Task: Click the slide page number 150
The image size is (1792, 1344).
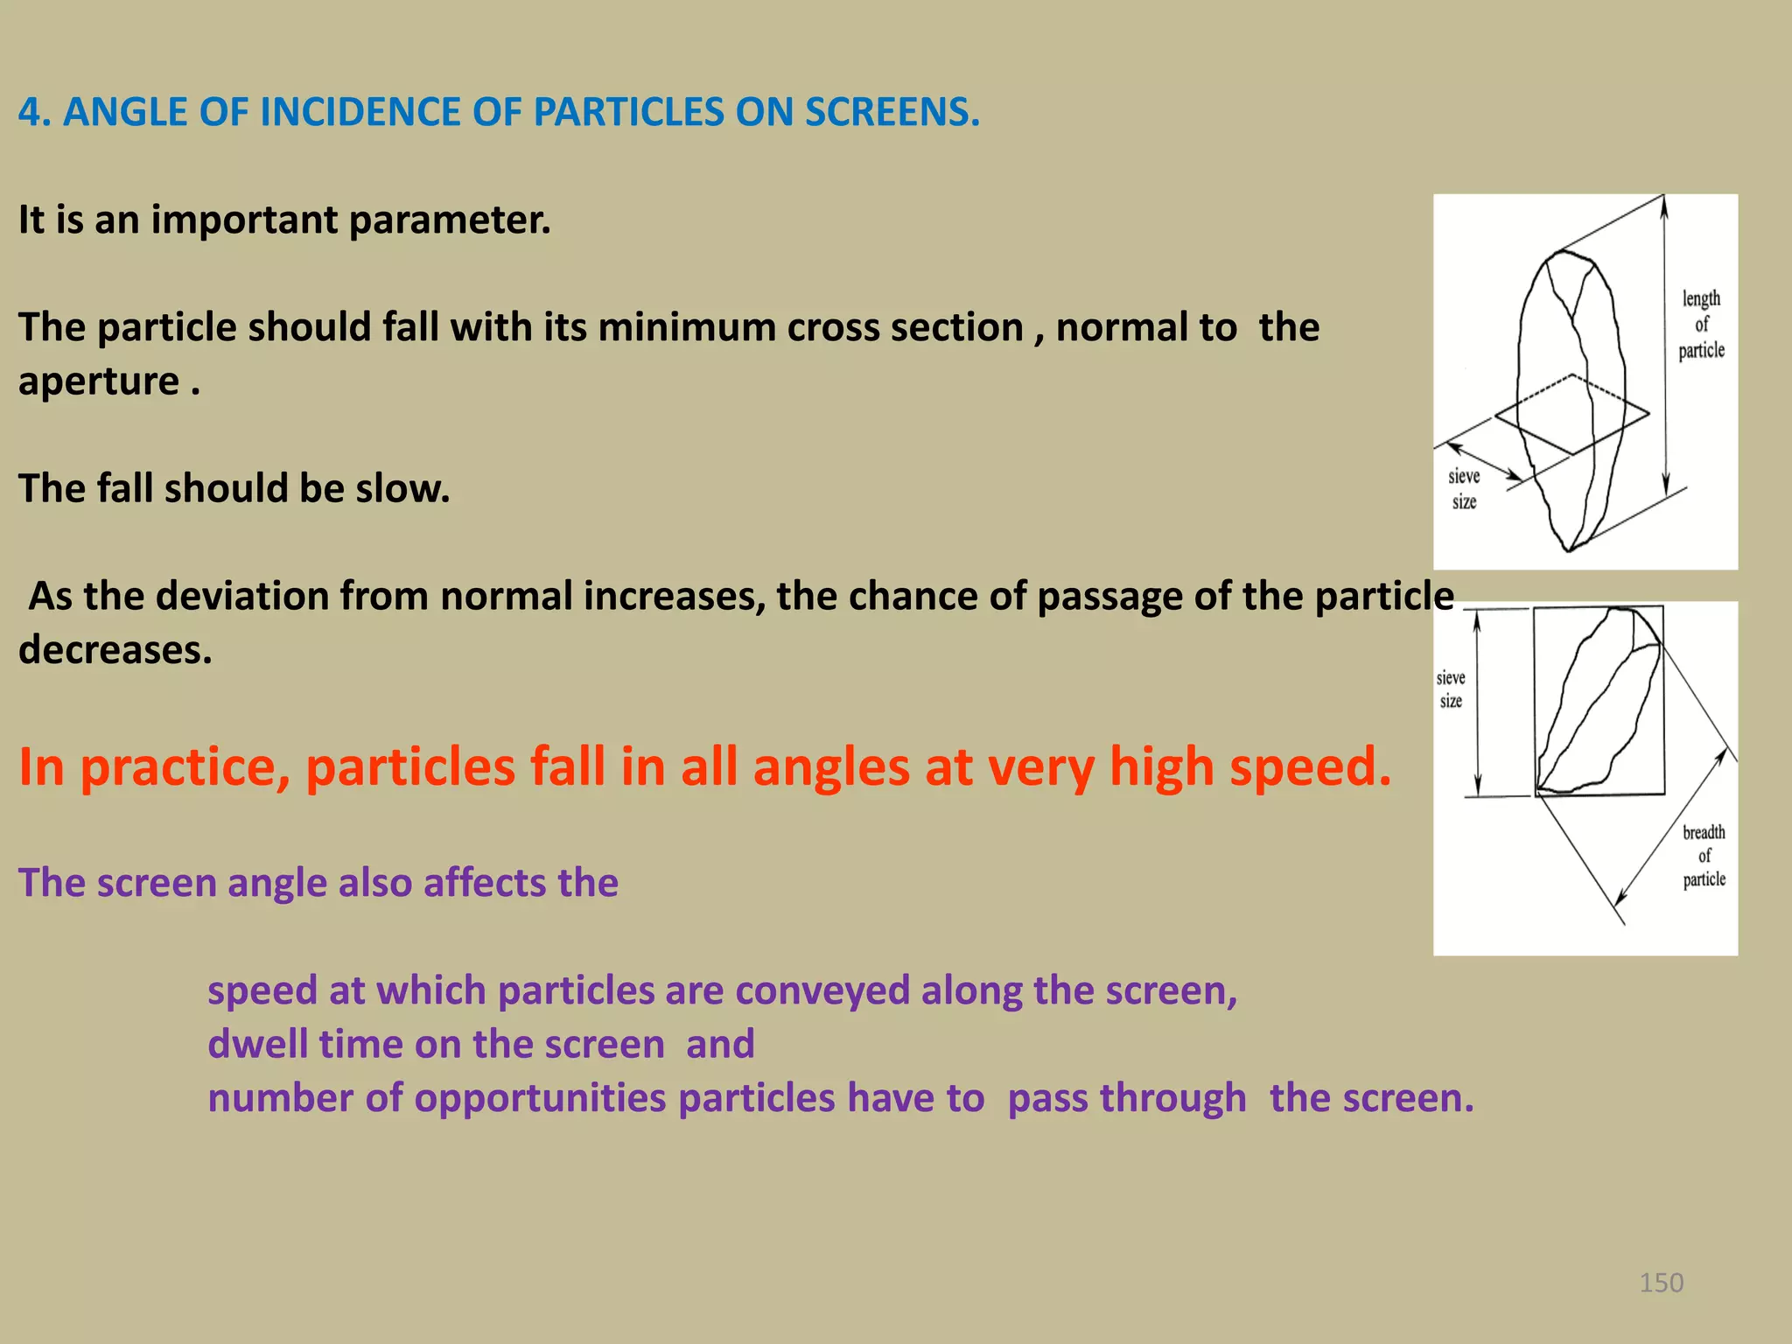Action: click(1661, 1283)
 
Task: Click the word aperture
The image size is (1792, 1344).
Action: click(99, 381)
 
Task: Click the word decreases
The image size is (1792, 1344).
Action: click(115, 650)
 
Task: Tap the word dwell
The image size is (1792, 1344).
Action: click(257, 1044)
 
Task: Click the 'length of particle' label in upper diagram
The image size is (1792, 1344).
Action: click(1701, 325)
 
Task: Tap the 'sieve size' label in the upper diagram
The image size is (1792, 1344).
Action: click(1464, 489)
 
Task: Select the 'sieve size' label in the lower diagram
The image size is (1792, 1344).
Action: click(1451, 689)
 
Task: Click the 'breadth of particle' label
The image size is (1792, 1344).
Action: click(1704, 856)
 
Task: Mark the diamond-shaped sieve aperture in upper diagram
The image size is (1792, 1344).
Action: click(1572, 415)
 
